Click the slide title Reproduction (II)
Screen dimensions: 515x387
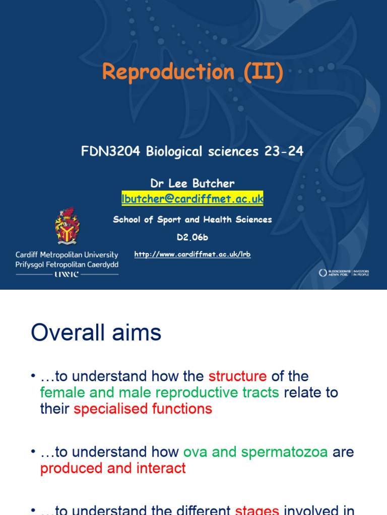(192, 72)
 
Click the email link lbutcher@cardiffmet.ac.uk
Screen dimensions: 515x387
(192, 199)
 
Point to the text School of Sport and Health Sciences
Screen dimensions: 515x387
(192, 219)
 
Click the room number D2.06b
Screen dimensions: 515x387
(192, 237)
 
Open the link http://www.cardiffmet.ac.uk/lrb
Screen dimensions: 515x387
(192, 254)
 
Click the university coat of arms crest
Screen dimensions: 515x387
(67, 226)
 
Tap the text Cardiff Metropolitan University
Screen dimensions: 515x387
(67, 254)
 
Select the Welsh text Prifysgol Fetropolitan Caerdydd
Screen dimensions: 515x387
(67, 265)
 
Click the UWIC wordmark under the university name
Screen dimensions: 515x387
(67, 274)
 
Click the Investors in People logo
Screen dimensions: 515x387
(344, 273)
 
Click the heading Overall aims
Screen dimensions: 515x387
(96, 333)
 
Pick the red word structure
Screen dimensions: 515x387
(237, 376)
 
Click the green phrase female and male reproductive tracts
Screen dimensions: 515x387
(160, 392)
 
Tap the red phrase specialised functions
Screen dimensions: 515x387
(143, 408)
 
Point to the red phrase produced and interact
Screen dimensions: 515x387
(113, 468)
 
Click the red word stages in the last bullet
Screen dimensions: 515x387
(257, 510)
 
